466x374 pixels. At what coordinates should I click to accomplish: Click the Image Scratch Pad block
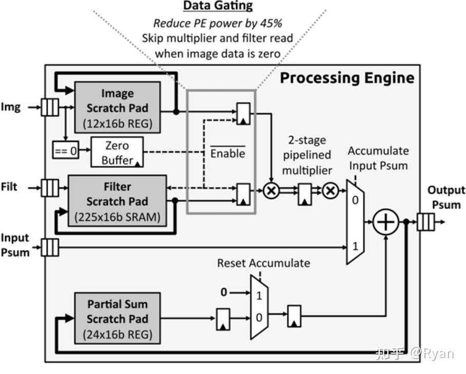pyautogui.click(x=118, y=108)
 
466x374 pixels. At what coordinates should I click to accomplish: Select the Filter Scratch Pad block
pyautogui.click(x=118, y=201)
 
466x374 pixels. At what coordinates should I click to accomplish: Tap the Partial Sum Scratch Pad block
pyautogui.click(x=118, y=319)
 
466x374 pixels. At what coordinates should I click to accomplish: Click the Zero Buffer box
pyautogui.click(x=117, y=152)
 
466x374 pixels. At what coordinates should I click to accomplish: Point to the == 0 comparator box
pyautogui.click(x=66, y=151)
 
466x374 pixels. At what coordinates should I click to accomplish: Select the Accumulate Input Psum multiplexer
pyautogui.click(x=356, y=222)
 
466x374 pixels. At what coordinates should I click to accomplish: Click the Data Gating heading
pyautogui.click(x=218, y=6)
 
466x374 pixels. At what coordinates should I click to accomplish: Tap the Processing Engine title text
pyautogui.click(x=347, y=78)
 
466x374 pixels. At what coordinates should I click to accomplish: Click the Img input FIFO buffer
pyautogui.click(x=50, y=108)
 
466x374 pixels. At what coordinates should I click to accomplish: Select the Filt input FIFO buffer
pyautogui.click(x=50, y=188)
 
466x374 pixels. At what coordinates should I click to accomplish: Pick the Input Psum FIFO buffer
pyautogui.click(x=50, y=247)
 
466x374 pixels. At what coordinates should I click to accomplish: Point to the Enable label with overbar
pyautogui.click(x=228, y=153)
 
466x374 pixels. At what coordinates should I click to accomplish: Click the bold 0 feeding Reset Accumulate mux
pyautogui.click(x=223, y=293)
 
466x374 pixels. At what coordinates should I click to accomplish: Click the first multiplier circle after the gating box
pyautogui.click(x=271, y=191)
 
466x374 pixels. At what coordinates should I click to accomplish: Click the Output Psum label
pyautogui.click(x=446, y=197)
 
